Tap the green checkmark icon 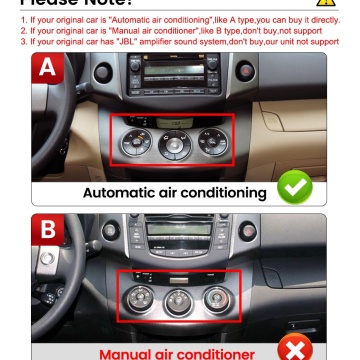point(294,187)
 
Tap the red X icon point(294,347)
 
